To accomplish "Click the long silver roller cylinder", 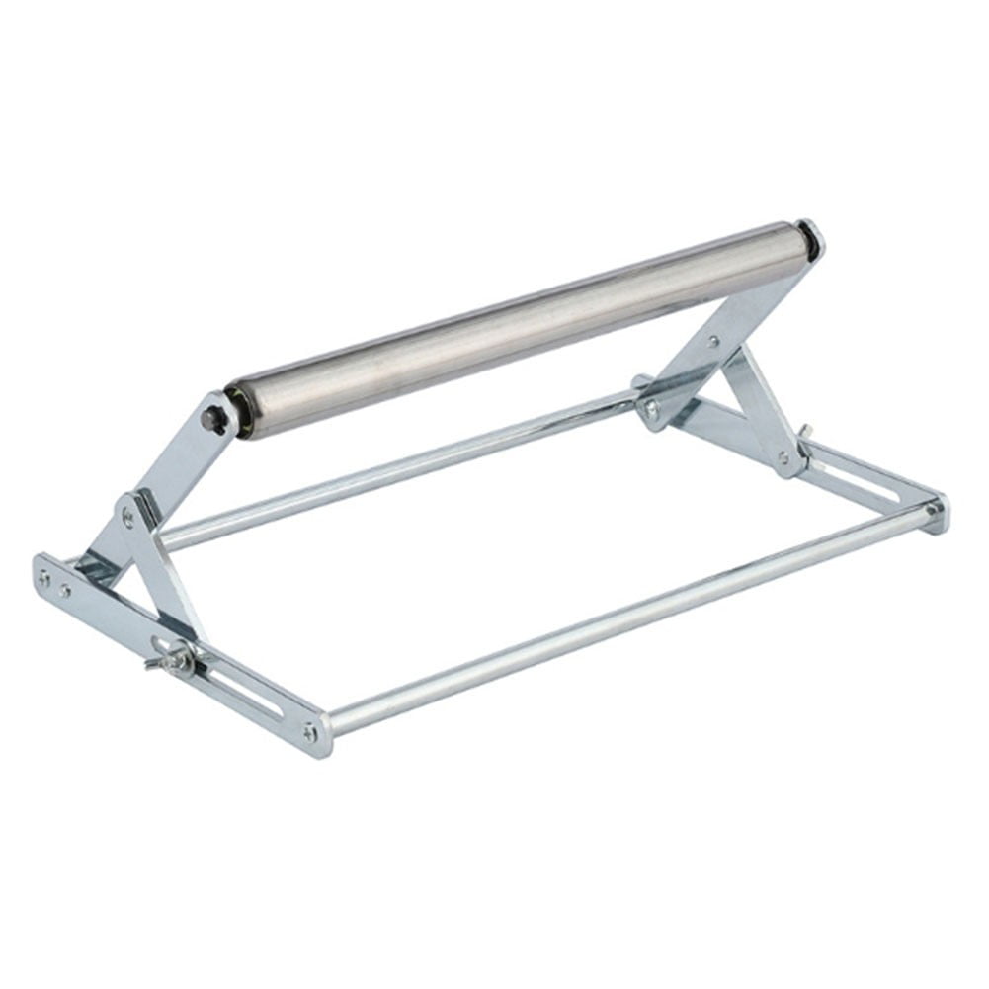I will pyautogui.click(x=524, y=326).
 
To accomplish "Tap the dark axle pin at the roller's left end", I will pyautogui.click(x=210, y=418).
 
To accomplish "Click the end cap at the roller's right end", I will pyautogui.click(x=810, y=240).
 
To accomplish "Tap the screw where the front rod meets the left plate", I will pyautogui.click(x=310, y=732).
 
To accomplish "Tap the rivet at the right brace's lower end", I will pyautogui.click(x=784, y=458).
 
